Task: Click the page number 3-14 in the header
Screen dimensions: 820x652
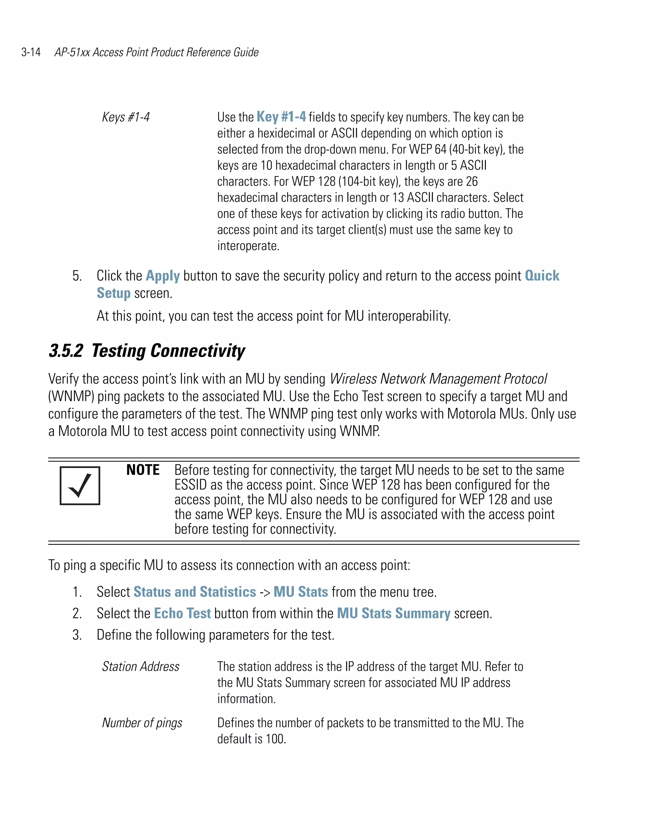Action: click(x=31, y=52)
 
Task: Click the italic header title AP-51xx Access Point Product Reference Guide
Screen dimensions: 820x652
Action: click(x=156, y=52)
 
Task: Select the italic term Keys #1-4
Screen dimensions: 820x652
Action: click(x=126, y=117)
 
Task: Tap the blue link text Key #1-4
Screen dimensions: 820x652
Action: click(x=281, y=117)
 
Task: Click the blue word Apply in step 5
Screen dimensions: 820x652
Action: click(x=163, y=276)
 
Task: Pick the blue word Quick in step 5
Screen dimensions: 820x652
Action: click(x=542, y=276)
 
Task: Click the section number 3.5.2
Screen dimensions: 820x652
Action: click(x=66, y=351)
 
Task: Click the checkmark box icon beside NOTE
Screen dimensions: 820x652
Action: click(x=80, y=486)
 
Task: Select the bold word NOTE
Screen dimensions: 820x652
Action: click(x=143, y=470)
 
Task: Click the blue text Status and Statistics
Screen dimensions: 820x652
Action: click(x=195, y=592)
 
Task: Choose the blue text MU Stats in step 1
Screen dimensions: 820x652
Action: click(x=301, y=592)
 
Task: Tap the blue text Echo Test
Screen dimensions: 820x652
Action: click(x=182, y=613)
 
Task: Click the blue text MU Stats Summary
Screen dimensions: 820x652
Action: click(x=393, y=613)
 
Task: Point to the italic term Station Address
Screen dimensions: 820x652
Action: click(x=140, y=667)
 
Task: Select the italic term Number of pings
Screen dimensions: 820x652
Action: click(x=142, y=723)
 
